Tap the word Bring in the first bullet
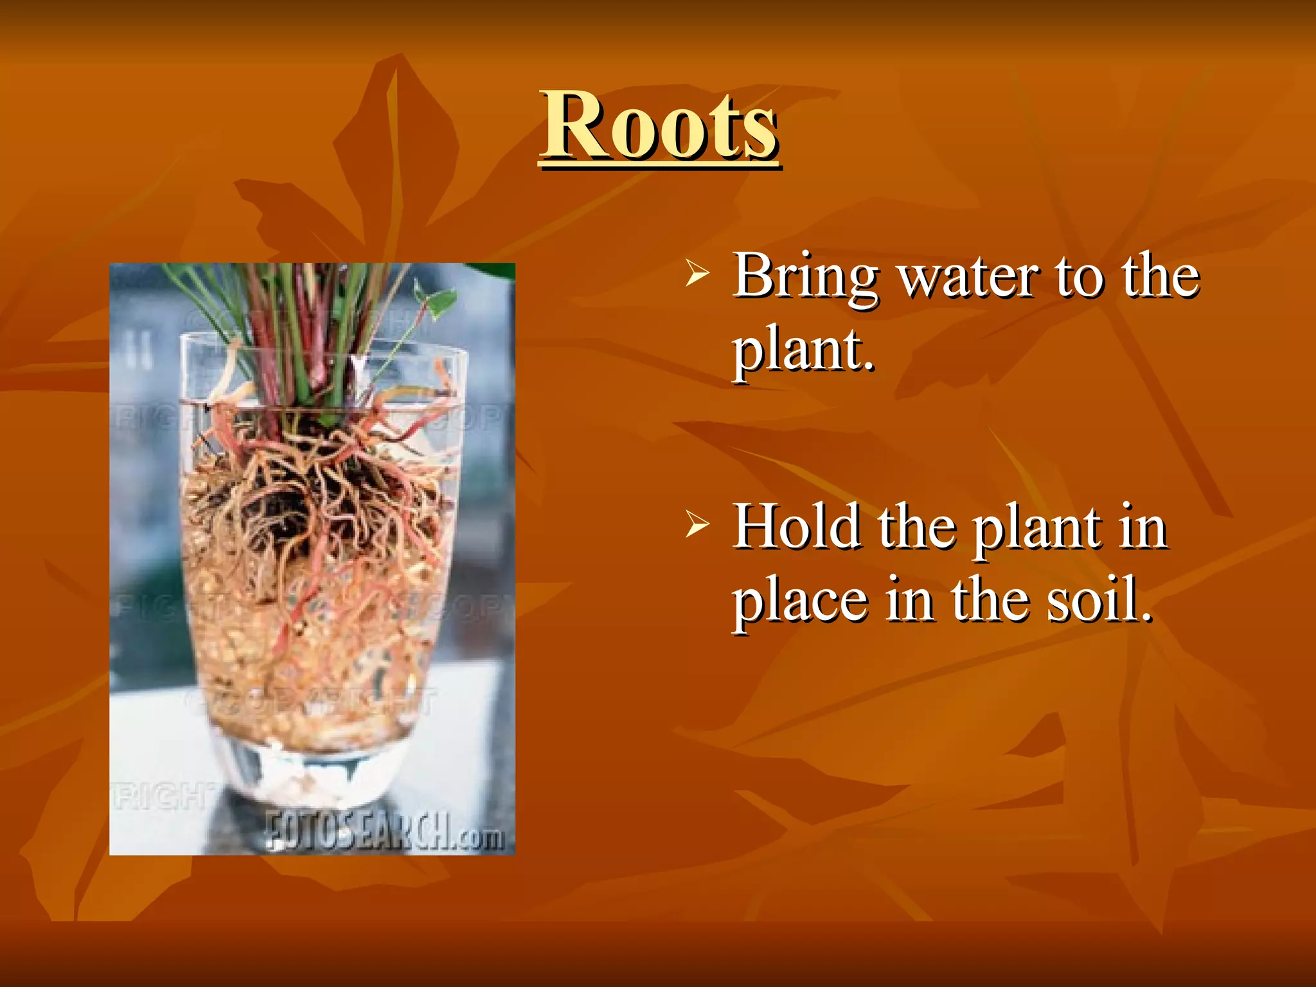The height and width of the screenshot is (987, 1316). click(x=806, y=276)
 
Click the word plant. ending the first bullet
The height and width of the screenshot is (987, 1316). click(x=804, y=351)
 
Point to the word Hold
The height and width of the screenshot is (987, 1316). click(x=797, y=527)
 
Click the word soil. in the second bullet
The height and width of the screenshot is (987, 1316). click(x=1099, y=600)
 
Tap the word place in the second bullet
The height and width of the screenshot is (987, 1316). click(x=801, y=601)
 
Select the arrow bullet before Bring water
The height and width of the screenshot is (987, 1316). click(x=697, y=272)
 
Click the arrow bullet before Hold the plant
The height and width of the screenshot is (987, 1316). click(x=697, y=523)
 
